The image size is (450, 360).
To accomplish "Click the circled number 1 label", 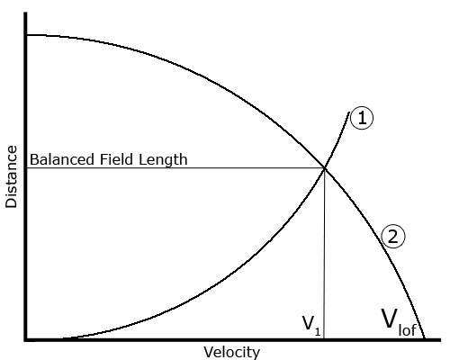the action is point(362,118).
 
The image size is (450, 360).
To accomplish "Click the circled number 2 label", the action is point(393,237).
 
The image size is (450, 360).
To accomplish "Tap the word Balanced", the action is point(62,159).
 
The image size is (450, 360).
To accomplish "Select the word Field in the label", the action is point(117,159).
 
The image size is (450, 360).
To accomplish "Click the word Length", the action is point(163,160).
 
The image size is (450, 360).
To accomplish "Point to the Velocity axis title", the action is point(232,352).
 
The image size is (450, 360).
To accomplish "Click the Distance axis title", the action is point(12,176).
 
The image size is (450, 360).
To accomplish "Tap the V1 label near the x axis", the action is point(311,326).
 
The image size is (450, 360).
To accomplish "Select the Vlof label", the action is point(399,322).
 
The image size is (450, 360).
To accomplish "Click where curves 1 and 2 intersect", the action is point(325,168).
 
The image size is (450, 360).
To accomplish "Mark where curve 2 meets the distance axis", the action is point(27,35).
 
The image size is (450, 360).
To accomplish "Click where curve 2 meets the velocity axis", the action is point(424,338).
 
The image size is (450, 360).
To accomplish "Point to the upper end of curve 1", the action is point(349,112).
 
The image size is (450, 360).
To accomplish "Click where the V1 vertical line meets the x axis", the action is point(324,338).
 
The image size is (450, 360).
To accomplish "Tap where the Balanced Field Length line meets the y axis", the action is point(27,168).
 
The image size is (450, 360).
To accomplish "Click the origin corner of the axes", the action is point(26,340).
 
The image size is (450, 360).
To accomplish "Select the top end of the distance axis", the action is point(26,13).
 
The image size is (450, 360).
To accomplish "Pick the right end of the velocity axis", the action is point(440,340).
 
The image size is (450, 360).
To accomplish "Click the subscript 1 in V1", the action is point(318,332).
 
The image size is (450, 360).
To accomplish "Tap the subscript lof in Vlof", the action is point(408,329).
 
